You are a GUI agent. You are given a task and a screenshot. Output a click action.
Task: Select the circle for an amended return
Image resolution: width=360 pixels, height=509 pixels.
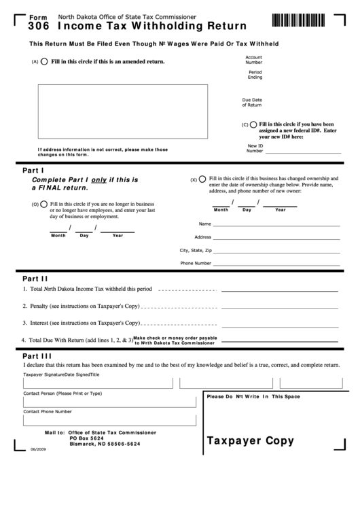coord(45,61)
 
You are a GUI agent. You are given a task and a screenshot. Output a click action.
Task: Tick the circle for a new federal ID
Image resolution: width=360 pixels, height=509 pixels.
coord(254,124)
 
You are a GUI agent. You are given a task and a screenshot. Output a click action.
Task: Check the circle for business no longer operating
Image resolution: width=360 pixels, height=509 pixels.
coord(44,203)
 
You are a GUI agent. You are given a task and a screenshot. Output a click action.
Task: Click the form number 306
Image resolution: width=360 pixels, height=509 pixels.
coord(38,27)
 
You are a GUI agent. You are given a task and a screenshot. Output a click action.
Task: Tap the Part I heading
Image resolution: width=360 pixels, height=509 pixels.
coord(33,170)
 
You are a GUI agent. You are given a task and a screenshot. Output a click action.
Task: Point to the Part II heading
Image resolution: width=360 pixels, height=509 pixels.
coord(35,278)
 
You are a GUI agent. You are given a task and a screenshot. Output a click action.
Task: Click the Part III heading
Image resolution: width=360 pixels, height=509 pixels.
coord(37,355)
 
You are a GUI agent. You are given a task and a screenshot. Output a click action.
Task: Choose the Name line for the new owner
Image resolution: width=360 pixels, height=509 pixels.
coord(276,224)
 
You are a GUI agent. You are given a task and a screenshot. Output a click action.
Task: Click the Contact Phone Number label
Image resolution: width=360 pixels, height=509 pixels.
coord(48,411)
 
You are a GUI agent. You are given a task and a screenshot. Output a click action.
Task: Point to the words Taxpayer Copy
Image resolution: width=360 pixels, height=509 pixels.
coord(250,440)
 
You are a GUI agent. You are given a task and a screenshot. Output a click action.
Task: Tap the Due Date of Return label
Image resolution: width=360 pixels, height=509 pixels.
coord(252,103)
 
